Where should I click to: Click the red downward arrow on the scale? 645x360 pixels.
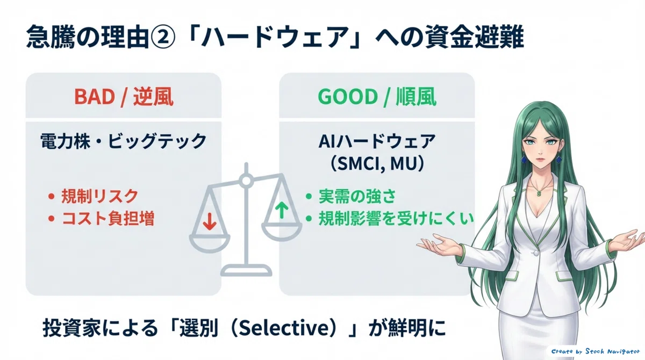209,221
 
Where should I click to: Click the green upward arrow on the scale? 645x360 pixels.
282,211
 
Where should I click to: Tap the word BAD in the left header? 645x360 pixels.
95,97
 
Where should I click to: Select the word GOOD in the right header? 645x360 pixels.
347,97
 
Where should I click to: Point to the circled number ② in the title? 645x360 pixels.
162,38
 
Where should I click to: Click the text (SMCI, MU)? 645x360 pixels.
377,164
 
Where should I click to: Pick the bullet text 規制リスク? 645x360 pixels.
99,196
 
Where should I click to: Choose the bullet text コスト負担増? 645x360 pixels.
108,218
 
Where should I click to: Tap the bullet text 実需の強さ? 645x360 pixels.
357,196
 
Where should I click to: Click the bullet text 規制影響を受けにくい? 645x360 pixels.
396,218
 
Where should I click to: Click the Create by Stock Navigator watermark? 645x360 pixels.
595,351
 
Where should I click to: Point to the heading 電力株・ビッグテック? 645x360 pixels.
124,141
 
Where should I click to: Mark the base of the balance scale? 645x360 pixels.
246,270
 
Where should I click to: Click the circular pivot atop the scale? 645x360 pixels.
246,181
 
